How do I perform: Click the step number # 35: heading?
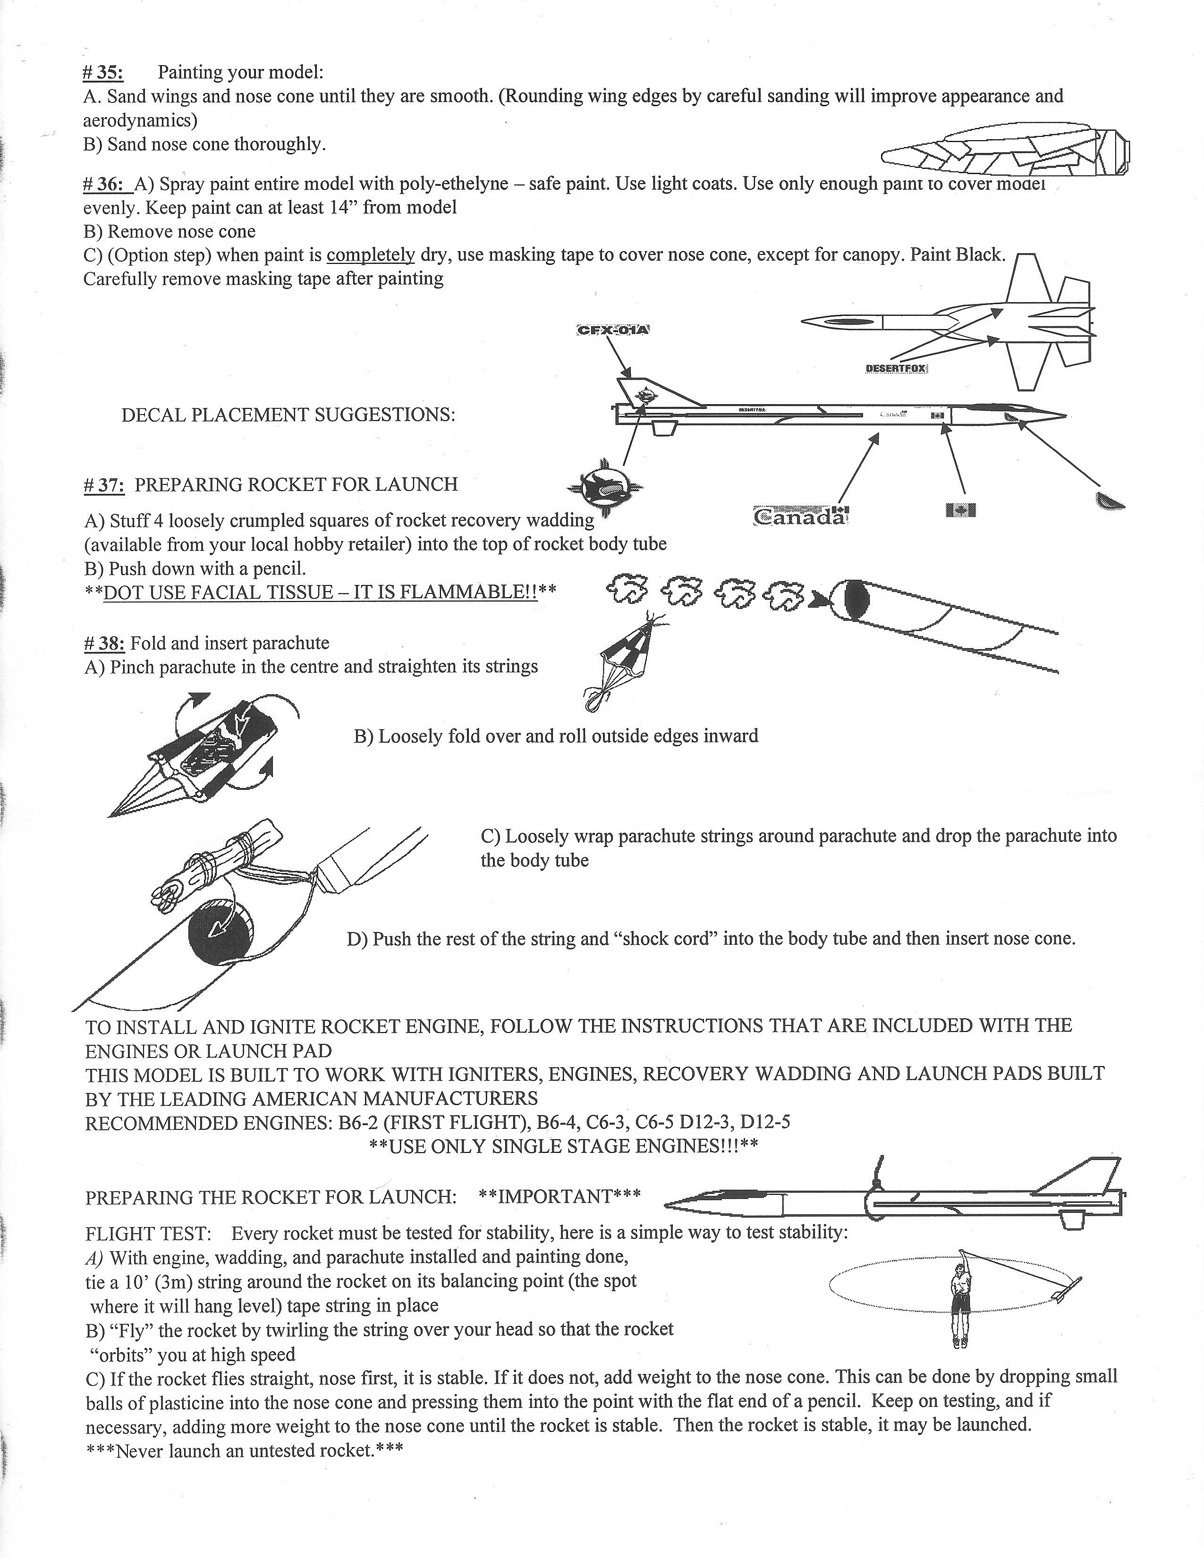click(103, 73)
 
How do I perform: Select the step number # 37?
click(104, 485)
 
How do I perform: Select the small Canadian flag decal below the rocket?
click(959, 509)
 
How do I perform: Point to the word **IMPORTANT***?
click(559, 1196)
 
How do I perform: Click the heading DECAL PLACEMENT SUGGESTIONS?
click(288, 415)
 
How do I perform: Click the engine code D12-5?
click(765, 1123)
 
